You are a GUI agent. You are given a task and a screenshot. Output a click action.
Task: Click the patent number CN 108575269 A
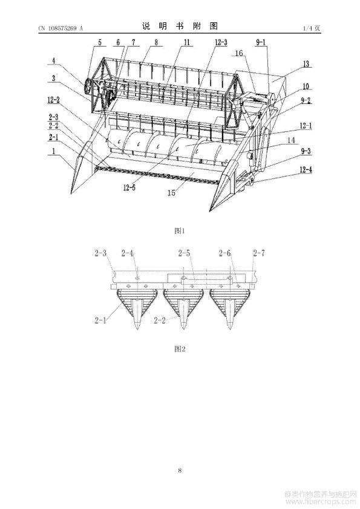click(x=61, y=28)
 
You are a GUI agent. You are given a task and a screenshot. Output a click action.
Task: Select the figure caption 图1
click(x=180, y=231)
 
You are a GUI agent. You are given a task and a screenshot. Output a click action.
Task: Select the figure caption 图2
click(x=180, y=349)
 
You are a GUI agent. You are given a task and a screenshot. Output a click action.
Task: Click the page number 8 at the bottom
click(x=180, y=470)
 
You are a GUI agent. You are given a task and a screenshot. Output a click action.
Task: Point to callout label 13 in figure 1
click(x=306, y=64)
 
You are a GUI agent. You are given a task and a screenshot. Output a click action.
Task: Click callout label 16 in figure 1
click(x=239, y=53)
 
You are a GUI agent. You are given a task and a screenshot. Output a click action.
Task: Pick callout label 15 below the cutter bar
click(x=171, y=192)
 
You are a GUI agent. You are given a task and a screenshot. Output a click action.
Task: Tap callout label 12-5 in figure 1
click(x=129, y=187)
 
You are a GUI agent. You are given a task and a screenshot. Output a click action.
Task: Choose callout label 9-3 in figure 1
click(x=305, y=151)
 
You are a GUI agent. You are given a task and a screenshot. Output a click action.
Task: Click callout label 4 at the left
click(x=54, y=60)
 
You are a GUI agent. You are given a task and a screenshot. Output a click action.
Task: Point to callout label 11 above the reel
click(x=186, y=42)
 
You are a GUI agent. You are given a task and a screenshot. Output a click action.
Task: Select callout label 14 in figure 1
click(x=292, y=140)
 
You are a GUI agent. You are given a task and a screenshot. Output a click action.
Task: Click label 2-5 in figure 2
click(x=184, y=253)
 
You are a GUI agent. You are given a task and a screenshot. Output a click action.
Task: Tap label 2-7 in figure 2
click(x=259, y=253)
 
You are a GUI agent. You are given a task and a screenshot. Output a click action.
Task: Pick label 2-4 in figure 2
click(x=128, y=253)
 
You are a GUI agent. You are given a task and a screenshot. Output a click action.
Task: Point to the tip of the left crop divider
click(x=71, y=194)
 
